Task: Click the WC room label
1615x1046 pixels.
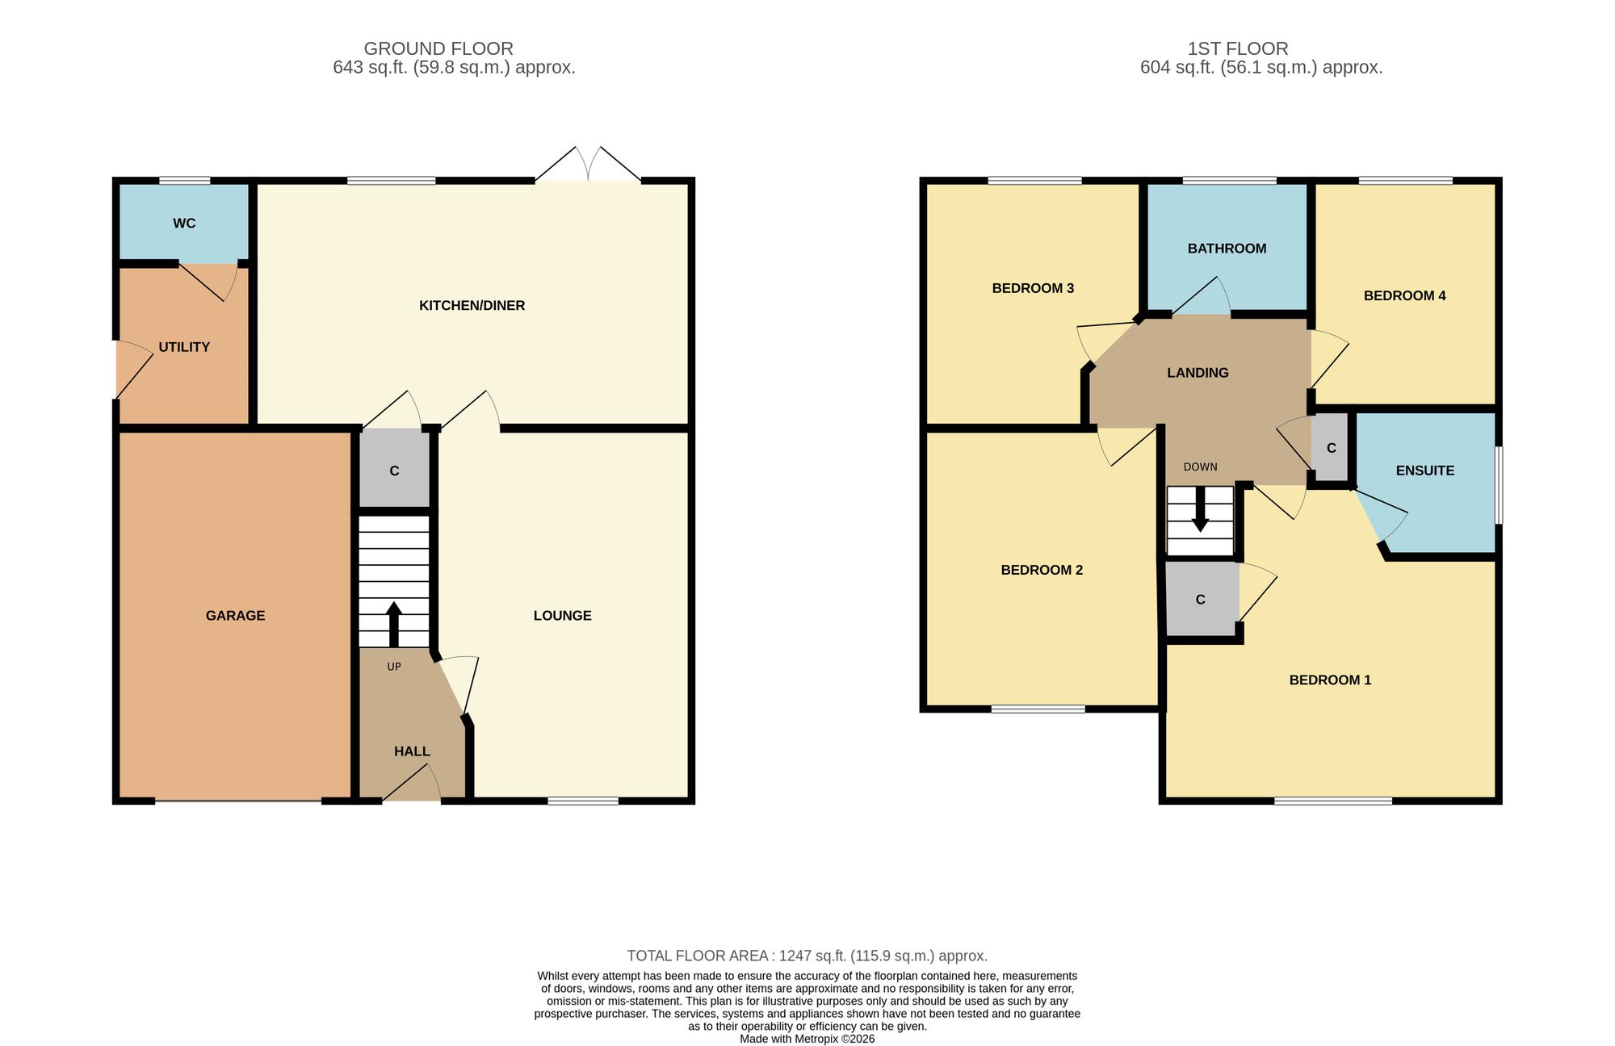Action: (184, 224)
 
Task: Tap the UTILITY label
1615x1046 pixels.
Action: (184, 347)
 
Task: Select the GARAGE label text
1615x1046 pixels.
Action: (235, 616)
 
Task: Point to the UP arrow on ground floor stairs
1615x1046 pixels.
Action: (394, 624)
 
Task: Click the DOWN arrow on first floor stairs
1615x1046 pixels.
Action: (1201, 509)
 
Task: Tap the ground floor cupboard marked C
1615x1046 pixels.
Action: (394, 470)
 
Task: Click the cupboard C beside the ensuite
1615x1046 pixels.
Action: (1331, 448)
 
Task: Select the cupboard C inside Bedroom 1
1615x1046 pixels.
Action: (1201, 600)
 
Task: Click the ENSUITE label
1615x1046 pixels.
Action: (1425, 471)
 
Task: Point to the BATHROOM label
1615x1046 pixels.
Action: (1227, 249)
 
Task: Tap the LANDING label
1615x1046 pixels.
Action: (1198, 373)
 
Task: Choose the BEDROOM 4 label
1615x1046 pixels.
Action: (1404, 296)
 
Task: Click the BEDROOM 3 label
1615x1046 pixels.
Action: (1033, 288)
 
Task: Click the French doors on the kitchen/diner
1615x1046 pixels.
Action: (588, 165)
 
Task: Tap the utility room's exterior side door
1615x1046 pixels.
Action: (133, 370)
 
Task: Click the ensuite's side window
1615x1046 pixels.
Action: (1499, 486)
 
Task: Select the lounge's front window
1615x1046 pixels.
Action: (583, 801)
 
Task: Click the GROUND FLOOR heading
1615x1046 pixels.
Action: (438, 48)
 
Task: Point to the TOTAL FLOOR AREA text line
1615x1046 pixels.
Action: (807, 956)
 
